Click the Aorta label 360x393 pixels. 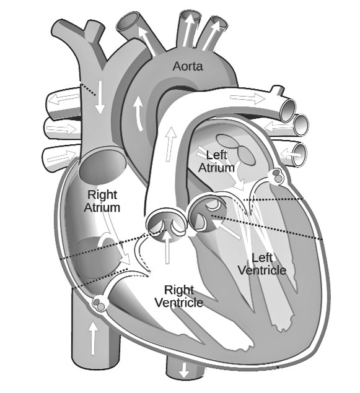[188, 66]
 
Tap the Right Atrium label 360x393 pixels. [102, 201]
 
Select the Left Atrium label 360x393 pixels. [216, 161]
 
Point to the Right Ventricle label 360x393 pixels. [179, 296]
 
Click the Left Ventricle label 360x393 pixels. [262, 264]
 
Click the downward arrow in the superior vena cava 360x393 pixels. [100, 97]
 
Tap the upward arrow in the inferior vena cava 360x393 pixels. [93, 338]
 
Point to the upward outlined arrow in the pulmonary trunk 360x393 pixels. [171, 144]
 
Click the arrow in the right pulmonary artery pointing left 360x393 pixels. [64, 99]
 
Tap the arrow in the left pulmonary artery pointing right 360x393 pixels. [247, 98]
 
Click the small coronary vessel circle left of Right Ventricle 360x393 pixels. [100, 303]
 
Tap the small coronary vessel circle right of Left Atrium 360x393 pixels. [276, 176]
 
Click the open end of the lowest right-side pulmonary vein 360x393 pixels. [300, 154]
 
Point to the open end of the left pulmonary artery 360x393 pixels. [288, 110]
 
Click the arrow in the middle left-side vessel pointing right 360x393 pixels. [62, 129]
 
